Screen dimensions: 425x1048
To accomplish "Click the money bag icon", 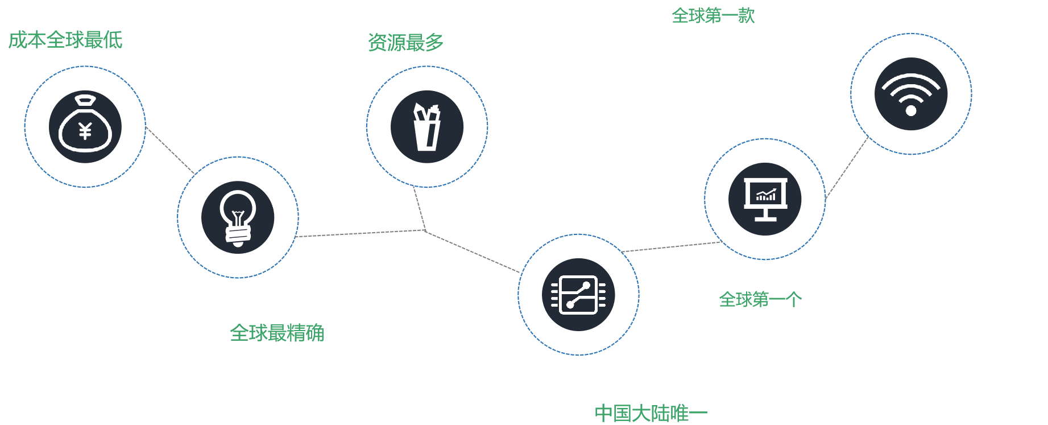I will click(x=85, y=126).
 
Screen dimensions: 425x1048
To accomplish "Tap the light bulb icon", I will click(x=238, y=217).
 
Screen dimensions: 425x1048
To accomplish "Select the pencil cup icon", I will click(x=426, y=127).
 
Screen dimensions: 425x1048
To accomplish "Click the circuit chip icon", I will click(x=578, y=295).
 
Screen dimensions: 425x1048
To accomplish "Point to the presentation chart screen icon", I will click(x=765, y=199).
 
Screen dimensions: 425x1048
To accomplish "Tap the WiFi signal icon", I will click(x=911, y=94).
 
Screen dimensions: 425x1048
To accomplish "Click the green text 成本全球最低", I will click(x=65, y=40).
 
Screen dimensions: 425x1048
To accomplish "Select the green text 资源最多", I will click(x=405, y=42).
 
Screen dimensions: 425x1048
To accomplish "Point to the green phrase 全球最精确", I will click(x=277, y=333).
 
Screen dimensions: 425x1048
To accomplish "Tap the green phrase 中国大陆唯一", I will click(x=651, y=414).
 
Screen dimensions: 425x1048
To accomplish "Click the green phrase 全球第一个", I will click(x=760, y=299).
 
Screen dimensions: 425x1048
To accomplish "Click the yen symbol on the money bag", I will click(x=85, y=131).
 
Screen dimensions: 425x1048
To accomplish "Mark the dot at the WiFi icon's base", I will click(x=911, y=110).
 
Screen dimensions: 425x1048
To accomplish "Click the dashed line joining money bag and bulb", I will click(x=170, y=150).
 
